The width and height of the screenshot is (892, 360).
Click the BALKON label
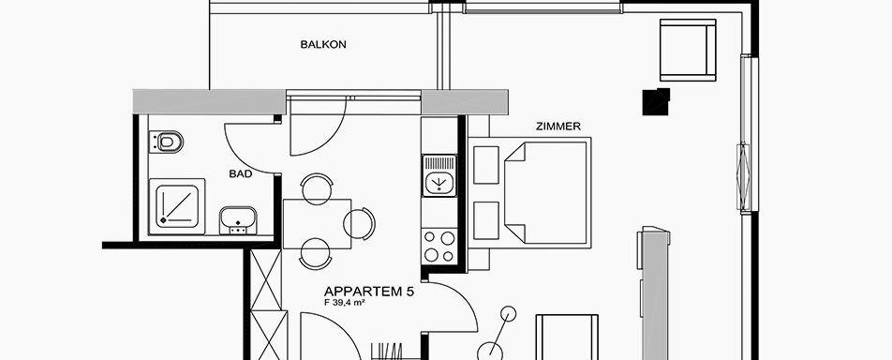click(323, 44)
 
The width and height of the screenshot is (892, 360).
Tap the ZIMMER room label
click(558, 127)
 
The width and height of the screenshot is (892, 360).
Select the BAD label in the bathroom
click(241, 174)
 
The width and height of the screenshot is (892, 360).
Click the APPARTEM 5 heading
click(368, 292)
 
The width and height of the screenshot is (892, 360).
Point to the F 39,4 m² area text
click(344, 303)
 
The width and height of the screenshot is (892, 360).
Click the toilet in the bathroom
click(166, 142)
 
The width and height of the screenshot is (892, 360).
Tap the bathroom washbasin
click(238, 220)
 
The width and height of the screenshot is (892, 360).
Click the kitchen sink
click(439, 175)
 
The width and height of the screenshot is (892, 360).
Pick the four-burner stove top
click(439, 246)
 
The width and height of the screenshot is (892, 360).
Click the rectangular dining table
click(317, 223)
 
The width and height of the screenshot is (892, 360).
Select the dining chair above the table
click(317, 188)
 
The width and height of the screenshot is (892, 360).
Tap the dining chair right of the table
click(360, 223)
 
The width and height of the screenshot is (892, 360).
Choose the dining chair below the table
click(316, 253)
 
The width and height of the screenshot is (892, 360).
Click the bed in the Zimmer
click(547, 192)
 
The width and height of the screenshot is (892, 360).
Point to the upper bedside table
click(485, 165)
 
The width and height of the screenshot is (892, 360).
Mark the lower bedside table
click(485, 220)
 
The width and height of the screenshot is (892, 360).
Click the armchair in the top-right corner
click(688, 50)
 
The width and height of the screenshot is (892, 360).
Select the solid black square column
click(656, 102)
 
